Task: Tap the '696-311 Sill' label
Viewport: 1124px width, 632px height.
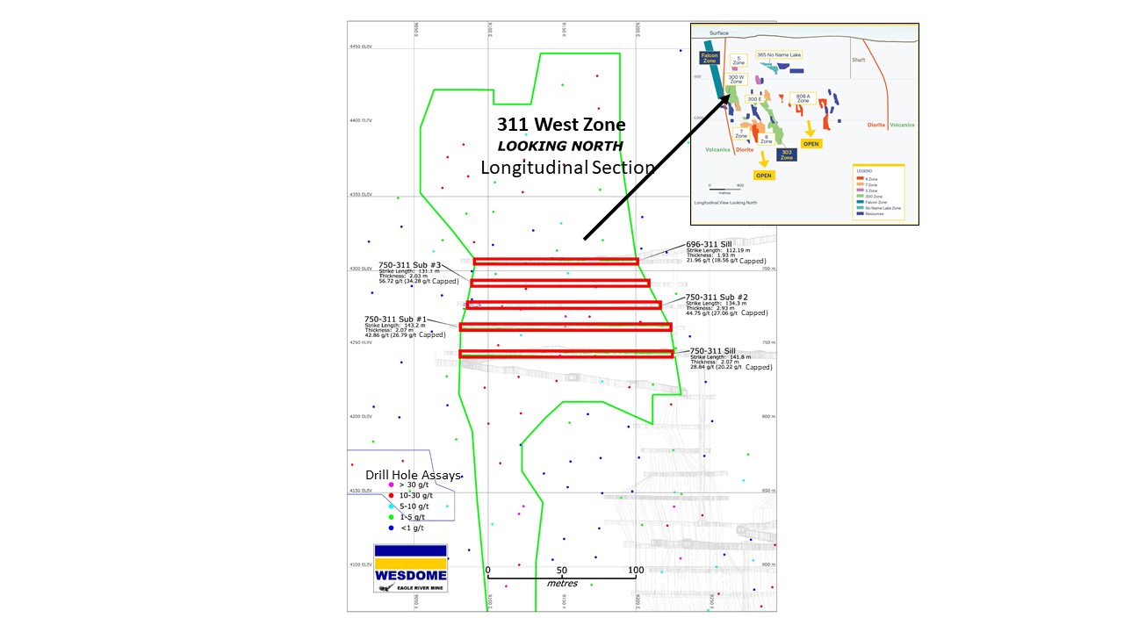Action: (709, 243)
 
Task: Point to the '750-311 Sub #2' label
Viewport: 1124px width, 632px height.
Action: (716, 297)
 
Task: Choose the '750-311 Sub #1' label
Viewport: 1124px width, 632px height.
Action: (395, 320)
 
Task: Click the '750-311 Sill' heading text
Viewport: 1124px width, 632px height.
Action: (712, 350)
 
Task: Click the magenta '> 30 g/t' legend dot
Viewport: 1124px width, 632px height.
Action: (391, 485)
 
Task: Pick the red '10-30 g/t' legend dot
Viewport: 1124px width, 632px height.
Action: (391, 496)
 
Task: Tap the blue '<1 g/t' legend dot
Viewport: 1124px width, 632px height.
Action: (391, 528)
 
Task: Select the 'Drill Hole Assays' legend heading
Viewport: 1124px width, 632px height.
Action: (413, 475)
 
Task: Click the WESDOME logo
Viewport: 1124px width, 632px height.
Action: (410, 568)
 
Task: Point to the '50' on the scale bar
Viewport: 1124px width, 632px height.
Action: (561, 571)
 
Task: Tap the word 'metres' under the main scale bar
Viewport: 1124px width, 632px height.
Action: (562, 583)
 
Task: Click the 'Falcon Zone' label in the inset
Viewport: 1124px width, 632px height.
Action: (710, 59)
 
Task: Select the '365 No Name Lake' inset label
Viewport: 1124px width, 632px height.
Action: (779, 54)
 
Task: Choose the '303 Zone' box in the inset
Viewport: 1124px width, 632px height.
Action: (787, 154)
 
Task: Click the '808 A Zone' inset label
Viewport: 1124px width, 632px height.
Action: (803, 97)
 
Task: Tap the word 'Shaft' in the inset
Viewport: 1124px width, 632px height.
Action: (858, 60)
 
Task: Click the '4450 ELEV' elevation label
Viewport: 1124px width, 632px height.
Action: (361, 47)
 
